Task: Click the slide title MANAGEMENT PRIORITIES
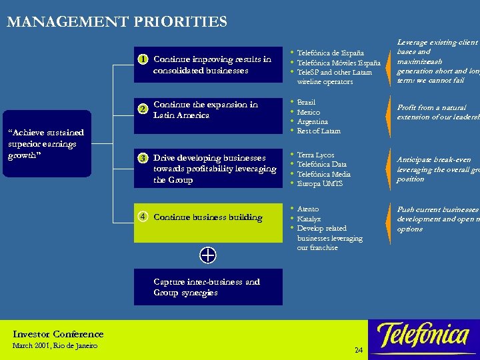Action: pyautogui.click(x=117, y=22)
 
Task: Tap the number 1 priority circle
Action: pyautogui.click(x=143, y=59)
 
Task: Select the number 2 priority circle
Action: pyautogui.click(x=143, y=109)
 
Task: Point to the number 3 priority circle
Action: pyautogui.click(x=143, y=158)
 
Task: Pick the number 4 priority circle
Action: pyautogui.click(x=143, y=217)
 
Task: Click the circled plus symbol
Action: pyautogui.click(x=208, y=255)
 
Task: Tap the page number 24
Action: pyautogui.click(x=359, y=351)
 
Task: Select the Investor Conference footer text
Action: pyautogui.click(x=58, y=334)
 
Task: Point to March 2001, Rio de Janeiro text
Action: pyautogui.click(x=55, y=345)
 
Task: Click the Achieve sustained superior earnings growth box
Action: pyautogui.click(x=46, y=143)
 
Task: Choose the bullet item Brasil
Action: pyautogui.click(x=306, y=103)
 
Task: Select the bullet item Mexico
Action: pyautogui.click(x=309, y=113)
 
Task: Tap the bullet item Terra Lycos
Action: pyautogui.click(x=315, y=155)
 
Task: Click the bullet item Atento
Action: pyautogui.click(x=308, y=209)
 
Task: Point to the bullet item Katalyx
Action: pyautogui.click(x=309, y=218)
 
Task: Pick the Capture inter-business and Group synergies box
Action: pyautogui.click(x=208, y=287)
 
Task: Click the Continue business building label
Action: pyautogui.click(x=208, y=217)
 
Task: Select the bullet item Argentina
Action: pyautogui.click(x=313, y=122)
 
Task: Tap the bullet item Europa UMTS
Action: pyautogui.click(x=320, y=183)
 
